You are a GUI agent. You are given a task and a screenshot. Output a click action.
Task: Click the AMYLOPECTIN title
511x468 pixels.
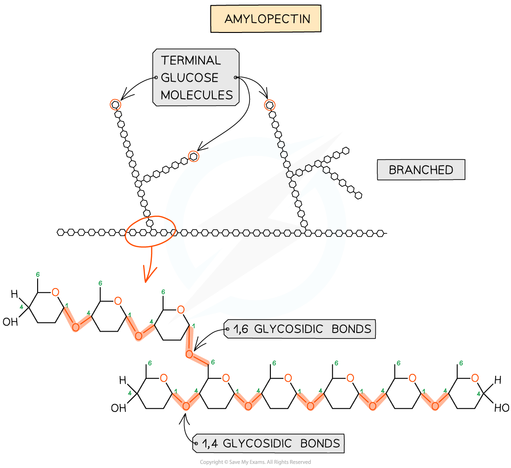click(x=266, y=19)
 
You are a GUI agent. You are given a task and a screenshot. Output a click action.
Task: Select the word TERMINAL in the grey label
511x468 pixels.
click(x=191, y=60)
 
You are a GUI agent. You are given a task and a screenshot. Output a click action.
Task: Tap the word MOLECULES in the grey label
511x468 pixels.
click(x=197, y=95)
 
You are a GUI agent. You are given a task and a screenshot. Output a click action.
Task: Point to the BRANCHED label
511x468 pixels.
click(x=420, y=170)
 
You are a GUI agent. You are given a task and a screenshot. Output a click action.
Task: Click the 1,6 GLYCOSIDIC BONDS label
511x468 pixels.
click(x=302, y=329)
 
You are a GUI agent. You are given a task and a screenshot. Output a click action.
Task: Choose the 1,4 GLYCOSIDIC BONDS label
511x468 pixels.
click(x=271, y=443)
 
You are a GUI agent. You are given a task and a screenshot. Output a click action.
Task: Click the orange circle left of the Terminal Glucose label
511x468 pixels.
click(x=115, y=105)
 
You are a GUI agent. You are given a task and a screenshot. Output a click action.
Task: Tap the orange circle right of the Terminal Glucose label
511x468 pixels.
click(x=269, y=105)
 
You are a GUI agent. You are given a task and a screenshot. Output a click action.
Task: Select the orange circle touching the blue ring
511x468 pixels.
click(x=193, y=156)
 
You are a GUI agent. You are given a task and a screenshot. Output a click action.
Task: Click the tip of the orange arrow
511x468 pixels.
click(x=146, y=281)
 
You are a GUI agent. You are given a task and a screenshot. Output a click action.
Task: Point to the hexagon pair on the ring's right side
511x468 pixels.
click(x=335, y=233)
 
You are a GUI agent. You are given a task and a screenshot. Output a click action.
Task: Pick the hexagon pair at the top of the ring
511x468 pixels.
click(x=282, y=149)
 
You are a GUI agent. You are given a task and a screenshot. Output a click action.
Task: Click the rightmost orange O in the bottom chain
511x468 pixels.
click(x=475, y=378)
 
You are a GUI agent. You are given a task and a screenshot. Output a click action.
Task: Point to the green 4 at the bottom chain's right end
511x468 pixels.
click(x=478, y=394)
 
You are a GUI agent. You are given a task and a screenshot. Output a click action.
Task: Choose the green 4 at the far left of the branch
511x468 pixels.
click(x=21, y=307)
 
